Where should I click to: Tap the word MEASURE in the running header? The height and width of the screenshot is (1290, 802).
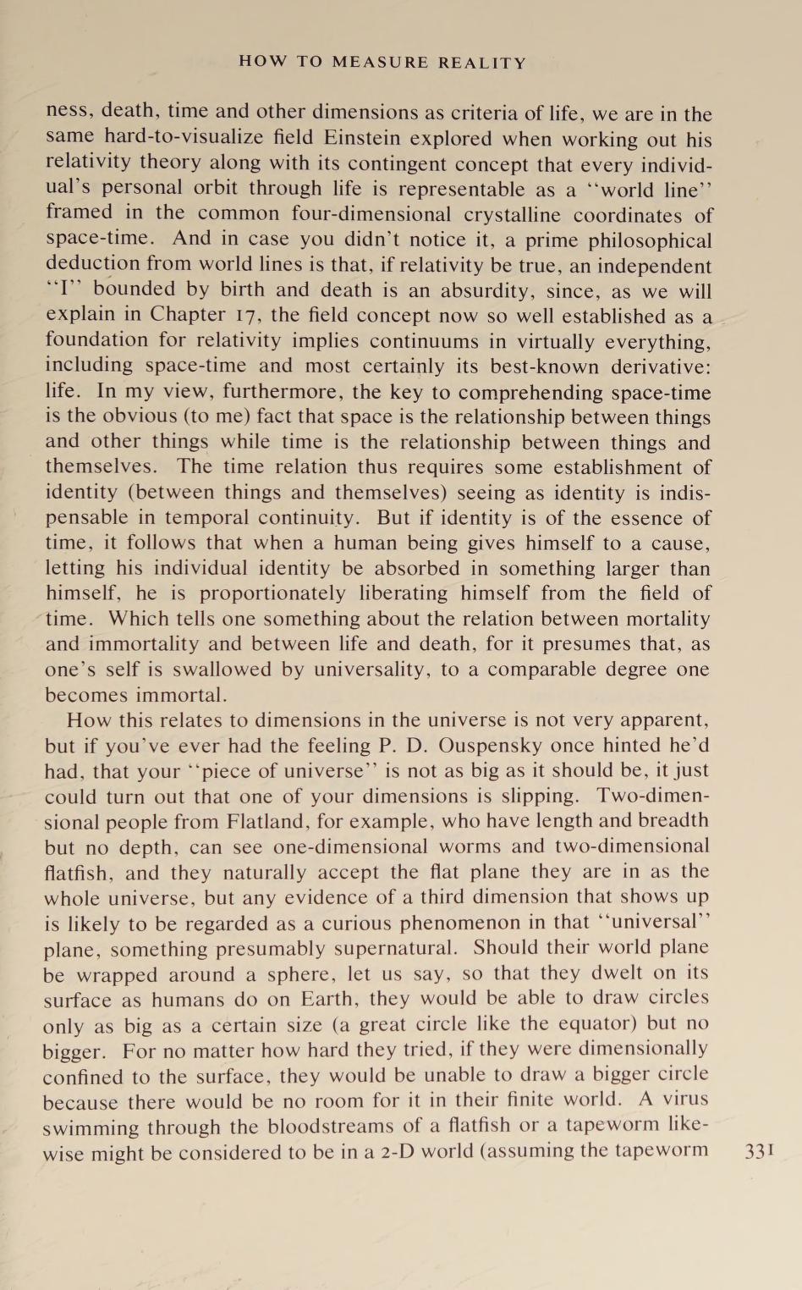[x=380, y=63]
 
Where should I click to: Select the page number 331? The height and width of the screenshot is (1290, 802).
[x=759, y=1152]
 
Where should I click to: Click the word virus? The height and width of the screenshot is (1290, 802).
[x=684, y=1100]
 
